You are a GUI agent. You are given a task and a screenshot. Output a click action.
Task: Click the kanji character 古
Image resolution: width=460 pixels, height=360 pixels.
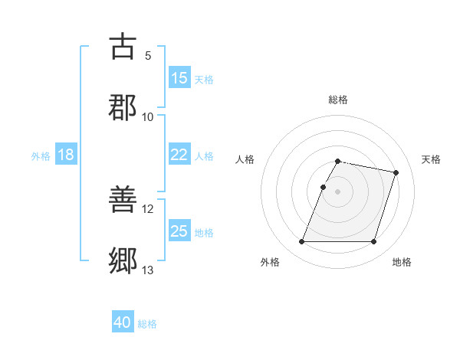click(123, 47)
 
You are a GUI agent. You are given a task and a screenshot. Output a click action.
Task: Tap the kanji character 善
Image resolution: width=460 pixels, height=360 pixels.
click(123, 201)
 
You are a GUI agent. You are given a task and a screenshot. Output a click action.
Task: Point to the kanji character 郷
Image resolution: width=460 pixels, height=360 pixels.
click(123, 261)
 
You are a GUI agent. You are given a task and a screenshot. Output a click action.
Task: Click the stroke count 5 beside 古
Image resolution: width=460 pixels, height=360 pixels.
click(148, 56)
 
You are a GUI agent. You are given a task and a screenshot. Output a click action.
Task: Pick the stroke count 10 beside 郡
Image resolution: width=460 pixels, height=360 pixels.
click(148, 116)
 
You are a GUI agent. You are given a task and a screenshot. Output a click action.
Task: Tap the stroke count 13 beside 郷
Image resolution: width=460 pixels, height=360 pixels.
click(148, 270)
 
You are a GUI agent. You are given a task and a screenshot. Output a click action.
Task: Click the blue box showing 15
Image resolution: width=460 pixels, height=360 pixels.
click(179, 78)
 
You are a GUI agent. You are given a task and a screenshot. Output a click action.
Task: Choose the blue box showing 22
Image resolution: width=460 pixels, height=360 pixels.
click(179, 155)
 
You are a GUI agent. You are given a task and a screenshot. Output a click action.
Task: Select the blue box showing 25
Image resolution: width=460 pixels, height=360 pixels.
click(179, 231)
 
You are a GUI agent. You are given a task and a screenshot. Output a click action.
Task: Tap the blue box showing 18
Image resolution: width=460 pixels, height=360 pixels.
click(66, 155)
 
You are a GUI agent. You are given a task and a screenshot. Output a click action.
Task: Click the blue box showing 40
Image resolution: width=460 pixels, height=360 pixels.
click(123, 323)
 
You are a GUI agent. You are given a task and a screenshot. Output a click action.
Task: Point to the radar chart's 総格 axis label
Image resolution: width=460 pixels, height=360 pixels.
click(338, 100)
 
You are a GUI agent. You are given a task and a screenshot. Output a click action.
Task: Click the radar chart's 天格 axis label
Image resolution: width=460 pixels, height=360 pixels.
click(431, 159)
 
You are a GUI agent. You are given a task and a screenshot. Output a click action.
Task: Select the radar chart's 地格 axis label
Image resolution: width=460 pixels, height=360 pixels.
click(402, 262)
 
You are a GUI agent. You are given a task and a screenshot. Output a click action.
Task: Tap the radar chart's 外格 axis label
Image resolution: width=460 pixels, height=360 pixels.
click(270, 262)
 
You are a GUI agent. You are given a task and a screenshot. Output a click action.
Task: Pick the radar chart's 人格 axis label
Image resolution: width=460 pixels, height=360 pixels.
click(245, 159)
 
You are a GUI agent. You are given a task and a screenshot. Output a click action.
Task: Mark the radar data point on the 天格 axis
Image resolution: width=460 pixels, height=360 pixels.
click(396, 172)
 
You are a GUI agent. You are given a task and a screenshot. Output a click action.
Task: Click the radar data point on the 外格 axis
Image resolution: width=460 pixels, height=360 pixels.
click(302, 242)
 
